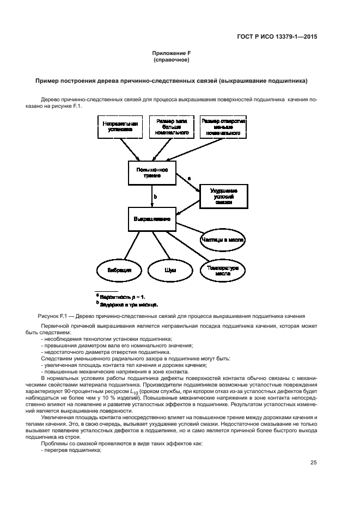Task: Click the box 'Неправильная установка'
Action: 120,127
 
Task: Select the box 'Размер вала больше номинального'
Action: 172,127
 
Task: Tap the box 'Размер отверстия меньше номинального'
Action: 223,127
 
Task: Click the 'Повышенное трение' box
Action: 152,173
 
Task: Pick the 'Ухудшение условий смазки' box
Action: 224,196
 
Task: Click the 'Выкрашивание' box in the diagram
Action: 152,219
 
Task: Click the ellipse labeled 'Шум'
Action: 170,270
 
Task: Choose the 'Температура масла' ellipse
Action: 223,270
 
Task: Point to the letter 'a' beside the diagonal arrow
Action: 189,178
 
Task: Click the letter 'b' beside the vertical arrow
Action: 156,197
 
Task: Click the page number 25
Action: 313,463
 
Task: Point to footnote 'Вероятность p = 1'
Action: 122,297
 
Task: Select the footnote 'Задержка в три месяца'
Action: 129,304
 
